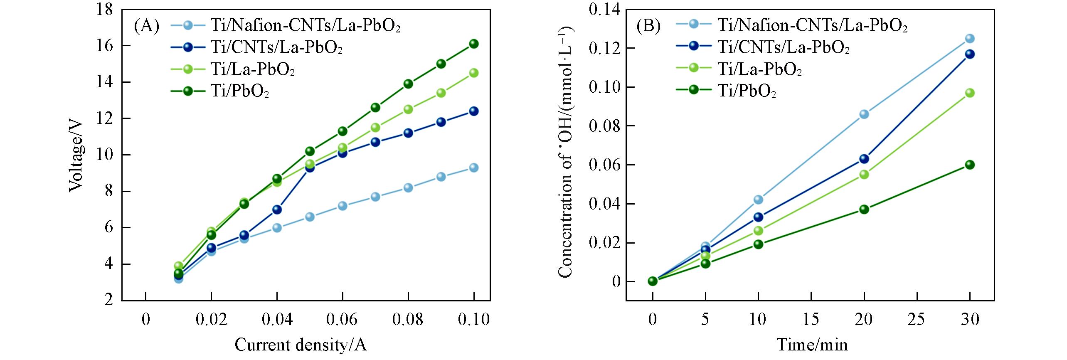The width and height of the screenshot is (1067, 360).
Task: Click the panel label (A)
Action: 146,26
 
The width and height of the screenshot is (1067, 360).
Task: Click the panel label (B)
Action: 648,26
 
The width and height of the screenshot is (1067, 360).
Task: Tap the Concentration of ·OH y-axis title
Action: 566,152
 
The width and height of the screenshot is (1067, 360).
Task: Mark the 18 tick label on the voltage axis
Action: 104,10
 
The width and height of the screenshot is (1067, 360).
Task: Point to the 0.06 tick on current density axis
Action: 342,320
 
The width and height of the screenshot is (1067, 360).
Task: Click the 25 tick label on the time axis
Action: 917,320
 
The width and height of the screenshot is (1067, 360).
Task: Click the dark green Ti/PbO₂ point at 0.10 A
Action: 473,44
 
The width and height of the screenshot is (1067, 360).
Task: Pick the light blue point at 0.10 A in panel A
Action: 473,168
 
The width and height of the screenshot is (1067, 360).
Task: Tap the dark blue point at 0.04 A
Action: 277,210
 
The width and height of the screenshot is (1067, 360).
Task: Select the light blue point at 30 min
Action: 969,39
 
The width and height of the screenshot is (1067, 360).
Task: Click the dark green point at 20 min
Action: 864,209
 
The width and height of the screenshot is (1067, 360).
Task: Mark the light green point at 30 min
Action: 969,93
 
